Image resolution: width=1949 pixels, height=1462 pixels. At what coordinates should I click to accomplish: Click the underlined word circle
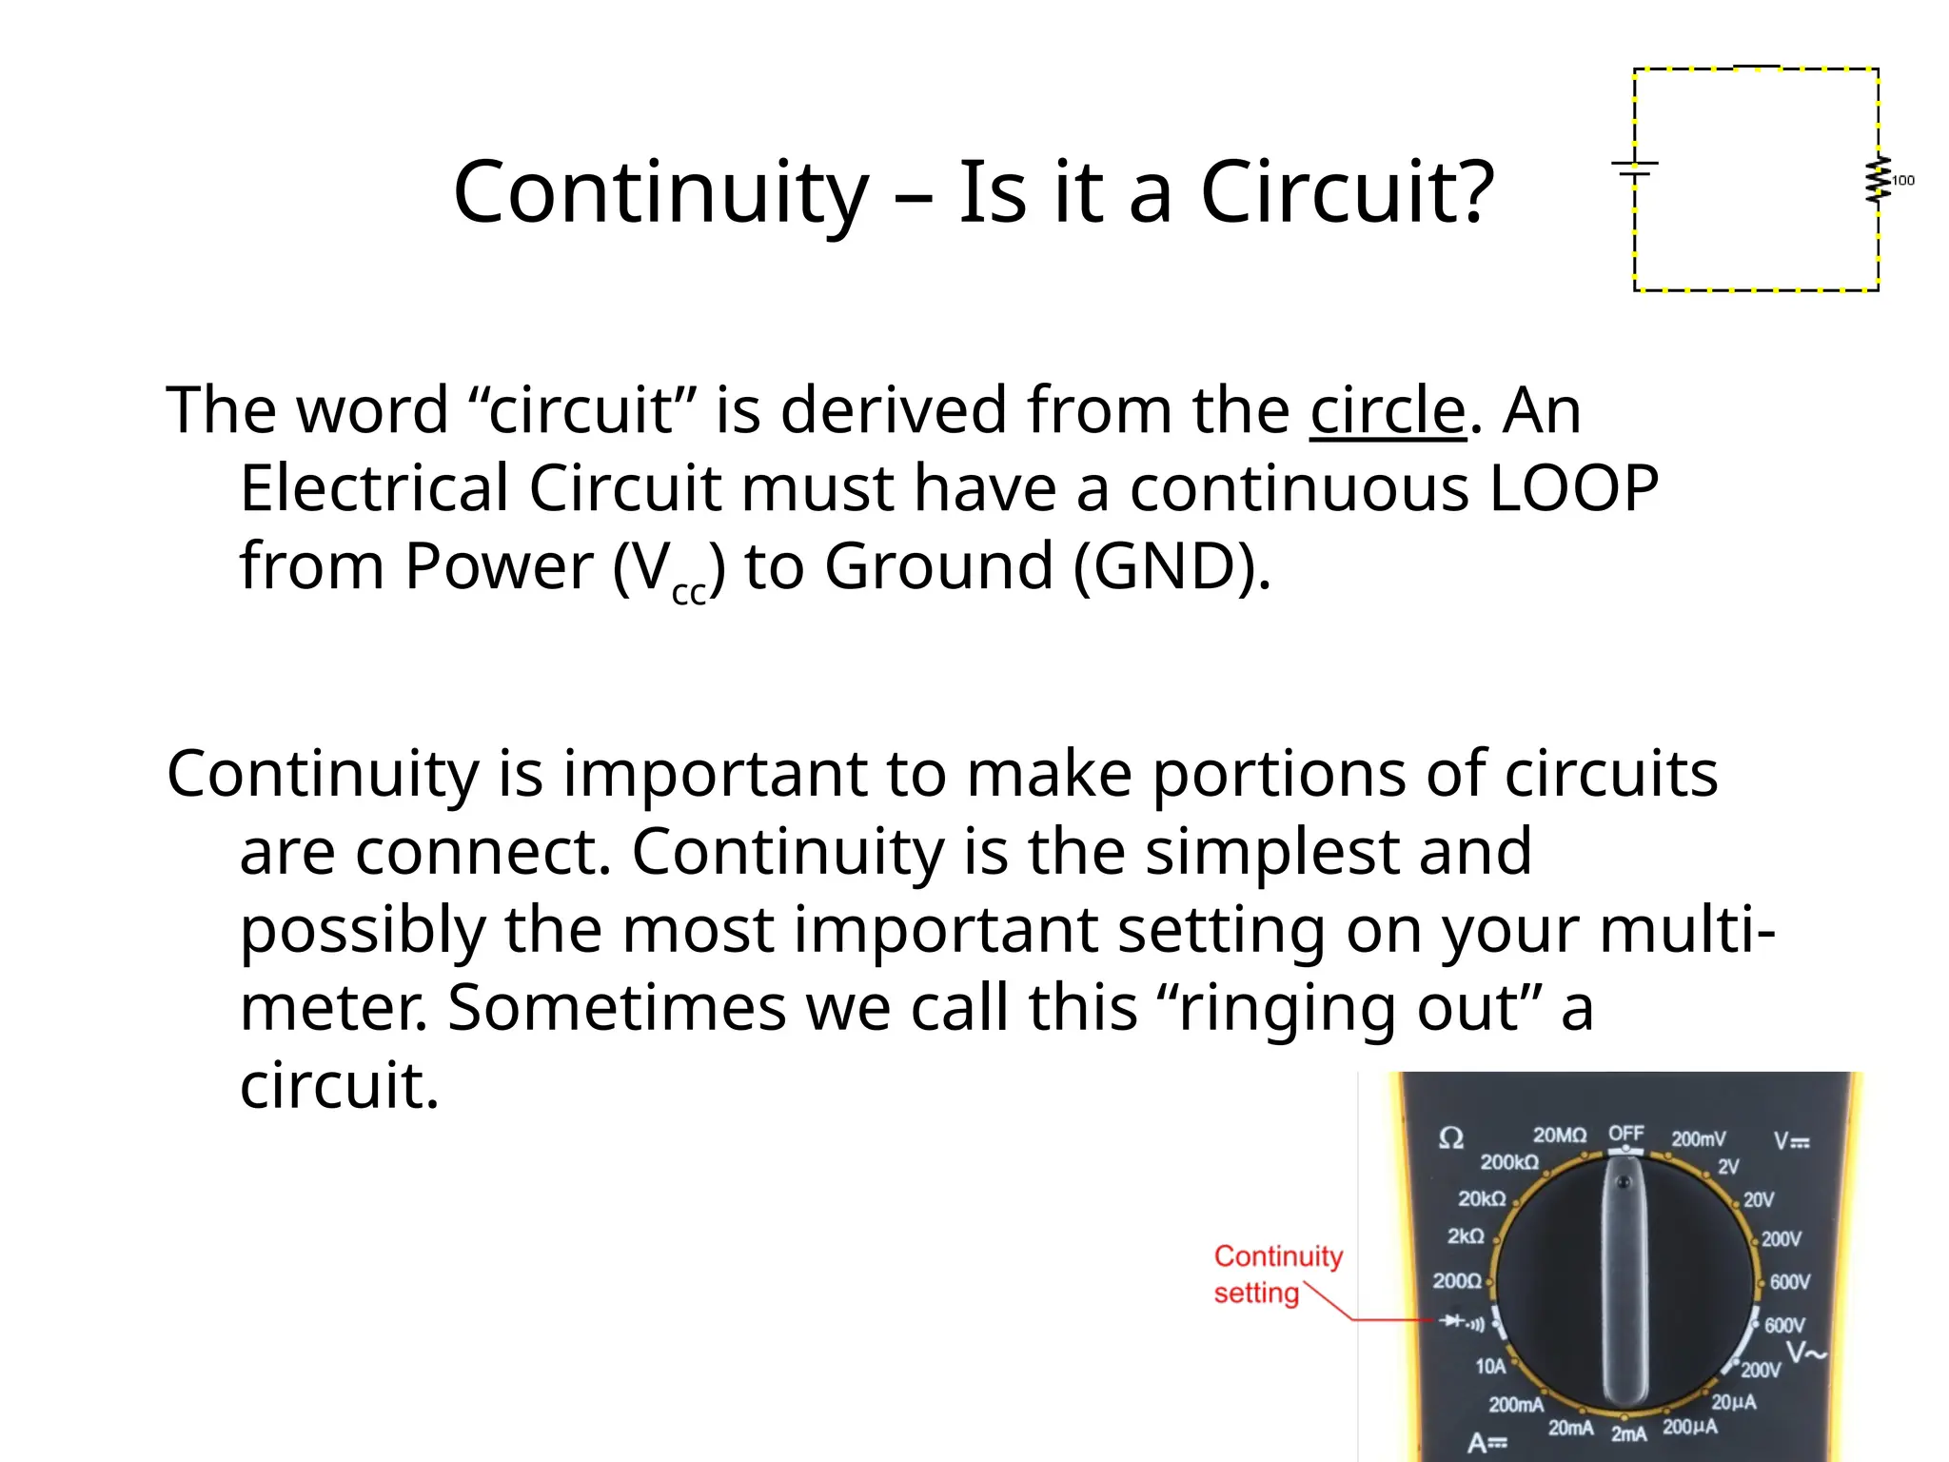pyautogui.click(x=1388, y=410)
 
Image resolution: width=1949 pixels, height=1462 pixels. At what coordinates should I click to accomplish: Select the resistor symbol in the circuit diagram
pyautogui.click(x=1878, y=180)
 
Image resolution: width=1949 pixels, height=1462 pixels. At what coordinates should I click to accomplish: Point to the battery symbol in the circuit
pyautogui.click(x=1635, y=168)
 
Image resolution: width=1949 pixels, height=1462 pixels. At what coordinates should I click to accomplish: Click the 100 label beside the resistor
pyautogui.click(x=1903, y=181)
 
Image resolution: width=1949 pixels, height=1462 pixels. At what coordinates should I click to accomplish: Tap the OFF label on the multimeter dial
pyautogui.click(x=1626, y=1134)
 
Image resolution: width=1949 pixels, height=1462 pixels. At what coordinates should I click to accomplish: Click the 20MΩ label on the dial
pyautogui.click(x=1559, y=1136)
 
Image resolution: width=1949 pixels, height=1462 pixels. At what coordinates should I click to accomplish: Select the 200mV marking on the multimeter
pyautogui.click(x=1699, y=1139)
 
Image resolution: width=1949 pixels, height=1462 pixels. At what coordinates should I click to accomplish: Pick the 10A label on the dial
pyautogui.click(x=1490, y=1367)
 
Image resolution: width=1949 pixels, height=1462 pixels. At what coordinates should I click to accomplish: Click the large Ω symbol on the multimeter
pyautogui.click(x=1451, y=1138)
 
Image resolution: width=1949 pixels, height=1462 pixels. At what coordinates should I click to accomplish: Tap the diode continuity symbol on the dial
pyautogui.click(x=1462, y=1321)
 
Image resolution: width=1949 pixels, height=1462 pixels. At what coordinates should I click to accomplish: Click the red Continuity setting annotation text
pyautogui.click(x=1277, y=1274)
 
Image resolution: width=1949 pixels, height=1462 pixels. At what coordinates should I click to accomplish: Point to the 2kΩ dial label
pyautogui.click(x=1466, y=1236)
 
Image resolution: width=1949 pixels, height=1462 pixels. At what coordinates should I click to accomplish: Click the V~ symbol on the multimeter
pyautogui.click(x=1805, y=1353)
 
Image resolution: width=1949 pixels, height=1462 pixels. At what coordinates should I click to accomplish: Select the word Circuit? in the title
pyautogui.click(x=1348, y=193)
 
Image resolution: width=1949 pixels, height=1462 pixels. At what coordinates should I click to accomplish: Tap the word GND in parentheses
pyautogui.click(x=1161, y=566)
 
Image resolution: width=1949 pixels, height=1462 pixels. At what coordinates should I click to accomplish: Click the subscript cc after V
pyautogui.click(x=689, y=593)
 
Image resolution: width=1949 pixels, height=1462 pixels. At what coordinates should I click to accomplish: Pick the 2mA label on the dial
pyautogui.click(x=1628, y=1433)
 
